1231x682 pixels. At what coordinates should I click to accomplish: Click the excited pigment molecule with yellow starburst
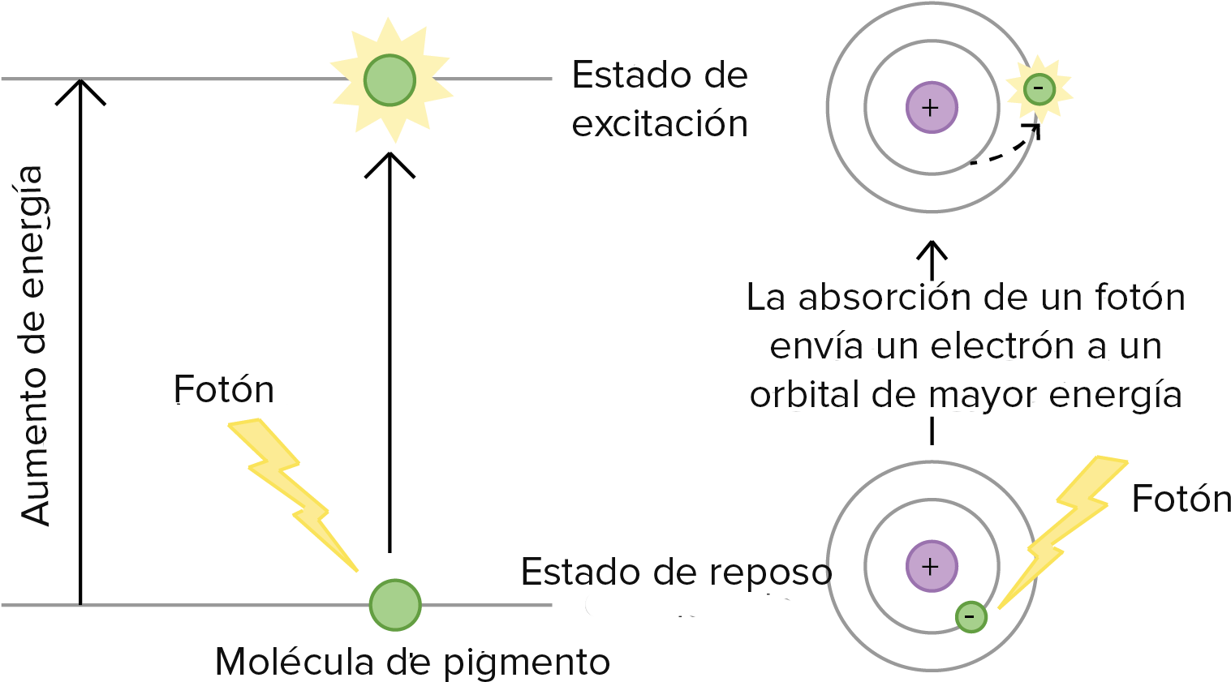coord(390,79)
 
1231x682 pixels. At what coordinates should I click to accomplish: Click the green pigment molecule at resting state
coord(395,605)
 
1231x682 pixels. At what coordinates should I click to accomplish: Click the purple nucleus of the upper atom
coord(932,107)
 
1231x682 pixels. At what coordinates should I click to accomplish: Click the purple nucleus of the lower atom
coord(932,566)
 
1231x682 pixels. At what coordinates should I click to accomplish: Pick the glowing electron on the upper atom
coord(1039,88)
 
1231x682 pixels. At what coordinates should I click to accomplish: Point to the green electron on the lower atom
coord(971,617)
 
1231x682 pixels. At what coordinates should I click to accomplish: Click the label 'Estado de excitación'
coord(659,99)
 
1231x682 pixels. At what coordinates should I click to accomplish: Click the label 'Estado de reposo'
coord(675,573)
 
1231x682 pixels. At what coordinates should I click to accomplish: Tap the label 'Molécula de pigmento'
coord(412,662)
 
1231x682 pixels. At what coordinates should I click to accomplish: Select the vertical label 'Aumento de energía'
coord(33,345)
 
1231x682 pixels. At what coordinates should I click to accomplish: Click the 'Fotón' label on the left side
coord(223,390)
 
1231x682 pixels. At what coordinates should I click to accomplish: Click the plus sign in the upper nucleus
coord(931,107)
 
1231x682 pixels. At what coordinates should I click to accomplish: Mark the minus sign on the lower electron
coord(970,617)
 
